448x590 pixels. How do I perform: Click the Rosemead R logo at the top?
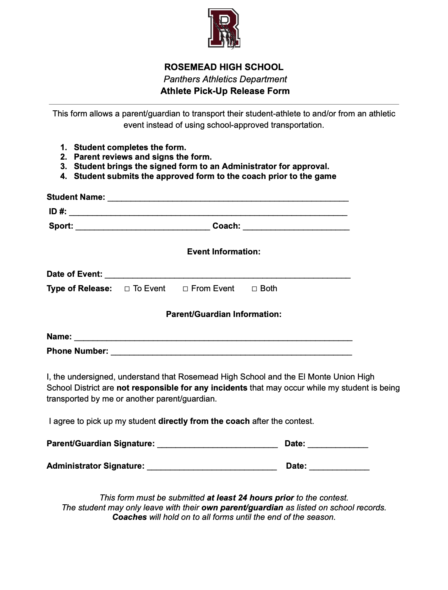point(224,29)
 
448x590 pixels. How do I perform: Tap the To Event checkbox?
point(127,289)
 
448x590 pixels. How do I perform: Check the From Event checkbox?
point(185,289)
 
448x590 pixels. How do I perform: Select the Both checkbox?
point(254,289)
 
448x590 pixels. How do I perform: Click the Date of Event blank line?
point(227,275)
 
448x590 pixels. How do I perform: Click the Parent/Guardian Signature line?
point(217,444)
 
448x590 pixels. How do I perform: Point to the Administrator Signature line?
point(211,466)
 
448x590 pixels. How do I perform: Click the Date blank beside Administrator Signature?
point(339,466)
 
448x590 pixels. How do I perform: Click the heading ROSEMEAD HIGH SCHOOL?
point(224,67)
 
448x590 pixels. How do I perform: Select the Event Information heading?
point(224,252)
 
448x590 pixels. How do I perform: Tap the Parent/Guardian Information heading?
point(224,314)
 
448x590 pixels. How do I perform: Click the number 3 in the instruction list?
point(63,166)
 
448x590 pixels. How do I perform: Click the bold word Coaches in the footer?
point(130,517)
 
